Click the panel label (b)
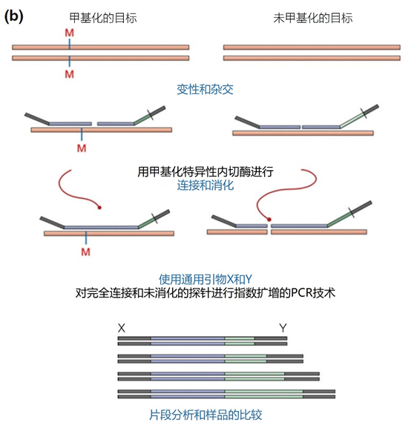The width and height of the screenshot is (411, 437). [x=13, y=16]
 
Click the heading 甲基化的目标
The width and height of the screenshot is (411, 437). [x=103, y=18]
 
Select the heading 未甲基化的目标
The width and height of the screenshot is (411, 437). [x=313, y=18]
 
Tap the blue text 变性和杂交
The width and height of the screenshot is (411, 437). [x=205, y=90]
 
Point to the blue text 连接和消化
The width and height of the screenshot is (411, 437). [x=205, y=185]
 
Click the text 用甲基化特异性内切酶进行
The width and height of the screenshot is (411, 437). [x=205, y=171]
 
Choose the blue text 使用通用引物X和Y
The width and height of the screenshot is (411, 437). [x=205, y=279]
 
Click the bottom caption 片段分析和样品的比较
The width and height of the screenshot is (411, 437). [x=205, y=415]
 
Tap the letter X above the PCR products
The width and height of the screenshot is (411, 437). [x=122, y=328]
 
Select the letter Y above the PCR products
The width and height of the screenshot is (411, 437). [x=283, y=328]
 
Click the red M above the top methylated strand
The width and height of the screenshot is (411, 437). [x=70, y=33]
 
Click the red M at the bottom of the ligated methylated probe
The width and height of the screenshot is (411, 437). [x=85, y=252]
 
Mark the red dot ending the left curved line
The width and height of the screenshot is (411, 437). [x=99, y=207]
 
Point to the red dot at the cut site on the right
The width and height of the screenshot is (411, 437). [x=269, y=220]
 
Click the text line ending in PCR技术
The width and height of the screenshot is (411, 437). [x=205, y=293]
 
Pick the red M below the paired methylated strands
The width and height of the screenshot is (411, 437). [x=70, y=74]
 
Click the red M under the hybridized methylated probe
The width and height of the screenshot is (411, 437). [x=82, y=148]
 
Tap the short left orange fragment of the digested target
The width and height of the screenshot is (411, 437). [x=237, y=232]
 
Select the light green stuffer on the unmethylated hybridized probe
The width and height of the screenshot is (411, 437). [x=352, y=119]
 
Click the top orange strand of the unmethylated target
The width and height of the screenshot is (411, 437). [x=312, y=47]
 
